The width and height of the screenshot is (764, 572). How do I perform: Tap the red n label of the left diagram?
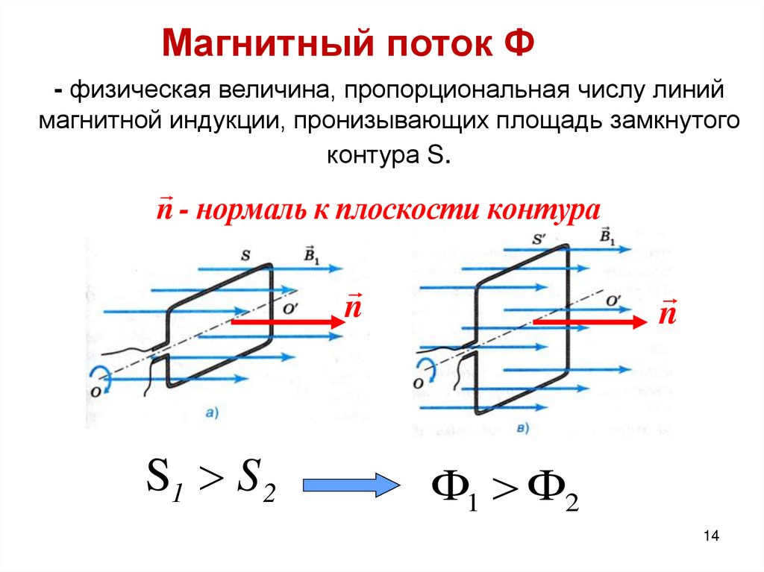pos(353,307)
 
